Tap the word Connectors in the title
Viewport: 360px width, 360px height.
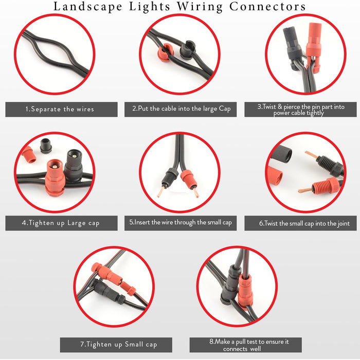(267, 7)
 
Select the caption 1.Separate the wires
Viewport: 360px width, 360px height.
(60, 110)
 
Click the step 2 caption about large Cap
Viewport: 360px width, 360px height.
(181, 110)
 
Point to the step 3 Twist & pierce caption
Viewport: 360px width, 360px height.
(301, 110)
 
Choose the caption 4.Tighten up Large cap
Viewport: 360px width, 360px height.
(61, 223)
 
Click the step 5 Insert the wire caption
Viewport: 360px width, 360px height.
(181, 223)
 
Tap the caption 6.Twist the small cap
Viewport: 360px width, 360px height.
(301, 223)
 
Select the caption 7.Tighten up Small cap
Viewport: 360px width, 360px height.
(116, 344)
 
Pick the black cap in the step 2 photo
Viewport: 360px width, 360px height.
(187, 49)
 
